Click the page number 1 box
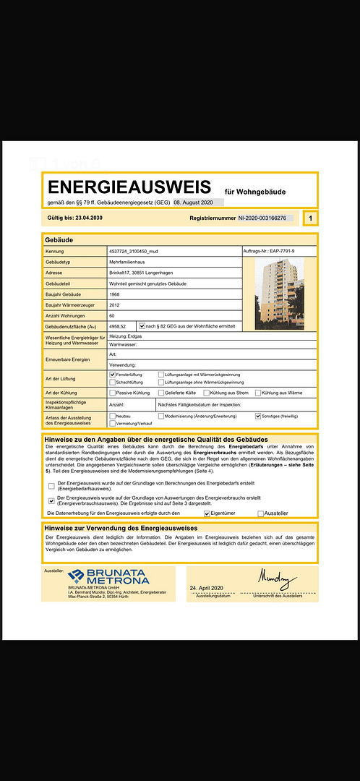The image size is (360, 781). [310, 218]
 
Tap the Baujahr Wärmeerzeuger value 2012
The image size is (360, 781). [113, 304]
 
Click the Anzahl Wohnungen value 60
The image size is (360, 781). [111, 315]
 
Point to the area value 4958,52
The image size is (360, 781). [118, 327]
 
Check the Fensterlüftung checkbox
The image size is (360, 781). [112, 375]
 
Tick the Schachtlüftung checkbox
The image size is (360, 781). [112, 382]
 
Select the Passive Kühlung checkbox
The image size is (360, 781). [112, 393]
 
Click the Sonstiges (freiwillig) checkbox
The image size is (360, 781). [258, 417]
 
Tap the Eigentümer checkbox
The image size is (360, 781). [206, 513]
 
